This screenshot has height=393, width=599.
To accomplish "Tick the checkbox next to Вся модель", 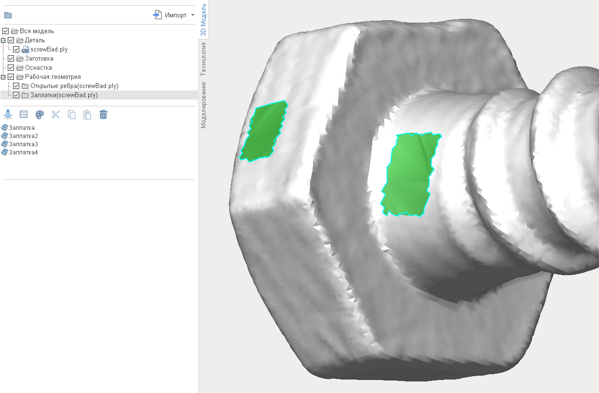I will click(x=6, y=31).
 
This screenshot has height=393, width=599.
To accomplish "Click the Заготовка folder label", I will click(x=39, y=59).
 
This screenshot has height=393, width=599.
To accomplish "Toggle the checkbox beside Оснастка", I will click(x=11, y=68).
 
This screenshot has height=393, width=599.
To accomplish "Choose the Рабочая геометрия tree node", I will click(x=53, y=77).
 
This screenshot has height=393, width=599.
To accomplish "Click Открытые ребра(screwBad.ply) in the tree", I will click(x=74, y=86).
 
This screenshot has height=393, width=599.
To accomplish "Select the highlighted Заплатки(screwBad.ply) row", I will click(x=64, y=95).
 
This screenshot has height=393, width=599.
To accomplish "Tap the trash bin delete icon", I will click(x=104, y=114).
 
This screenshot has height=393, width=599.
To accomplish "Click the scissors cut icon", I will click(x=56, y=114).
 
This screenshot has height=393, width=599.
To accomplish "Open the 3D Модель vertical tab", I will click(x=204, y=20).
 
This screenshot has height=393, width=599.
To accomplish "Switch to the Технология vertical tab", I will click(x=204, y=59).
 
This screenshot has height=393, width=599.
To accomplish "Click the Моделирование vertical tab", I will click(x=204, y=104).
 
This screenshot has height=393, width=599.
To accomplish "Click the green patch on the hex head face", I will click(x=264, y=131).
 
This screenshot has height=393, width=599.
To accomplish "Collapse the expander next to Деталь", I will click(x=3, y=40).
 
